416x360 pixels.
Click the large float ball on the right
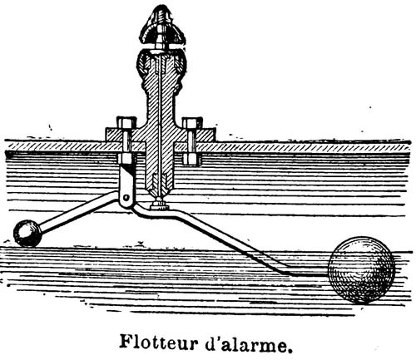pyautogui.click(x=361, y=270)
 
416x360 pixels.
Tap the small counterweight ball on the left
pyautogui.click(x=27, y=233)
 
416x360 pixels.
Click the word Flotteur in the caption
pyautogui.click(x=159, y=343)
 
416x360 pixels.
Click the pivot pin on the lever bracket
pyautogui.click(x=126, y=198)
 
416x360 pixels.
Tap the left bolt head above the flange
pyautogui.click(x=126, y=122)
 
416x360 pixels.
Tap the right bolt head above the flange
pyautogui.click(x=191, y=122)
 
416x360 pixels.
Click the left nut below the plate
pyautogui.click(x=126, y=158)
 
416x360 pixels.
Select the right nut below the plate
pyautogui.click(x=191, y=159)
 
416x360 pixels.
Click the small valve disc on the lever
pyautogui.click(x=158, y=206)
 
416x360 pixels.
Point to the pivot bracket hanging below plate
pyautogui.click(x=127, y=185)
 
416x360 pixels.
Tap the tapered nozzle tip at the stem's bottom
pyautogui.click(x=159, y=185)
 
